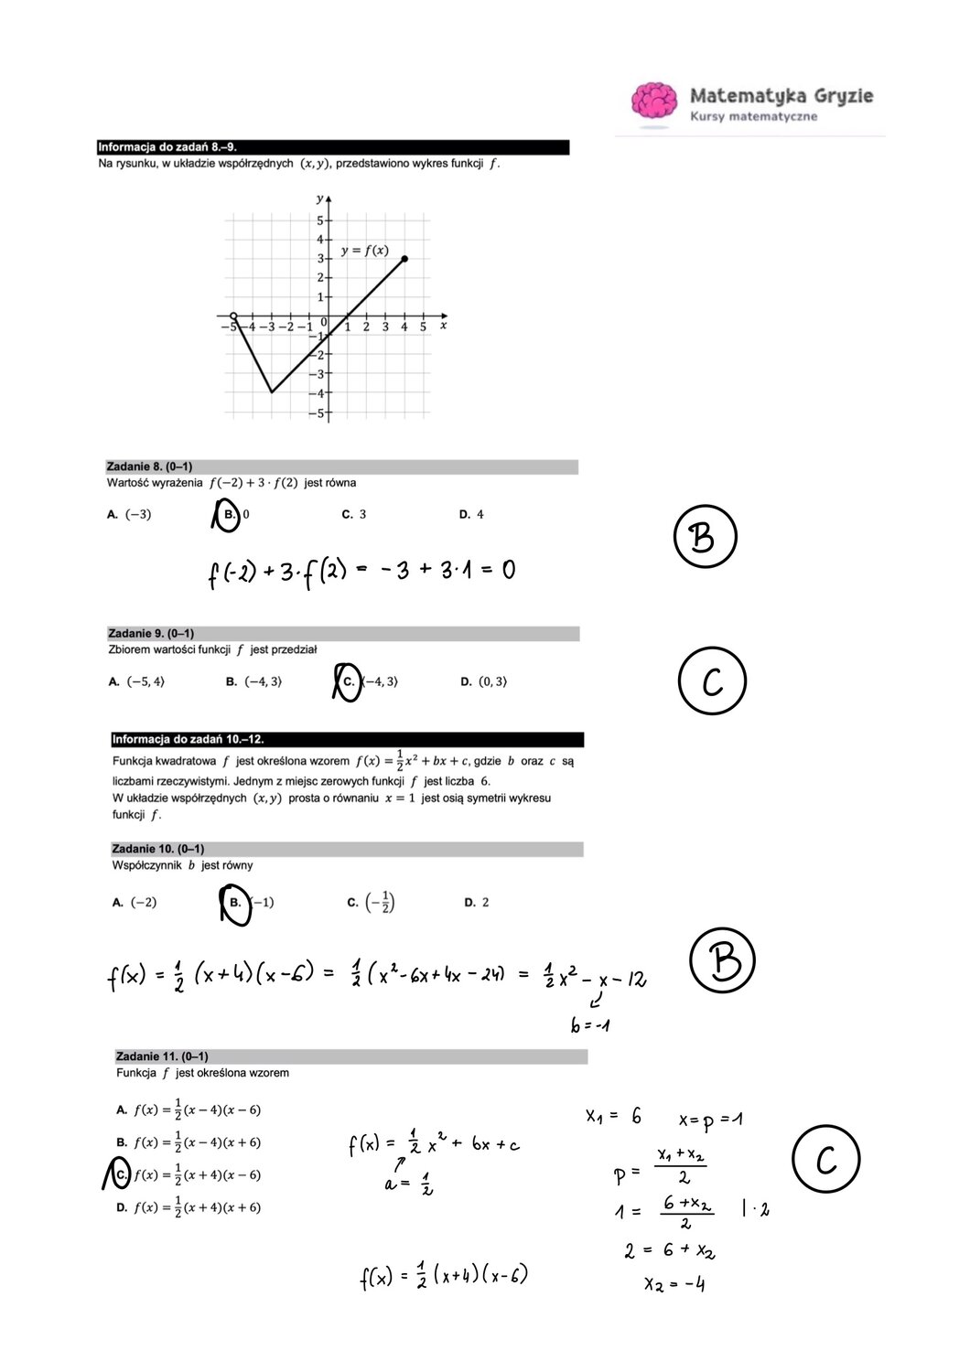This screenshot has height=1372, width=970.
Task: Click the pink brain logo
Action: tap(654, 100)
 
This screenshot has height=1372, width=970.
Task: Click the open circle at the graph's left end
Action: tap(233, 316)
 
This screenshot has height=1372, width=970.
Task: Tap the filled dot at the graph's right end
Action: tap(404, 259)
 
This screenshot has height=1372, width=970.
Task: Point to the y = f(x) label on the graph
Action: tap(364, 250)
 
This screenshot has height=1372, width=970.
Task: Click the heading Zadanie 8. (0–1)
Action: tap(149, 466)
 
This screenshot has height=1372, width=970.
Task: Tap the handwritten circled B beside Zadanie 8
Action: tap(705, 537)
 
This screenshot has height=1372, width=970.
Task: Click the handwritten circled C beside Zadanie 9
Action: tap(712, 681)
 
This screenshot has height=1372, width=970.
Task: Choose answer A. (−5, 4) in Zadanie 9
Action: tap(136, 681)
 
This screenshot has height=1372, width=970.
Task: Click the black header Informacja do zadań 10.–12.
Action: tap(188, 739)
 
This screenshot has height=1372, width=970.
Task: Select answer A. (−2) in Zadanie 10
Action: tap(135, 903)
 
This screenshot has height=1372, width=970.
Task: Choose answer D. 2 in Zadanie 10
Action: tap(476, 903)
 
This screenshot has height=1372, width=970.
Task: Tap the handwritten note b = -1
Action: tap(590, 1025)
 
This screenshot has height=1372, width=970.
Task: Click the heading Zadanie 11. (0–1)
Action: tap(162, 1056)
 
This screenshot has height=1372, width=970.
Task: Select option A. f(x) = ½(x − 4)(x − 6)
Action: tap(189, 1110)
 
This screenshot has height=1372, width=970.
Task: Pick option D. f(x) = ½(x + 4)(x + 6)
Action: tap(189, 1207)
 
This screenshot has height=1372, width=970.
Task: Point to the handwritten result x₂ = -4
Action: tap(674, 1284)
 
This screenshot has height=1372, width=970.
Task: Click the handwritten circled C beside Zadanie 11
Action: tap(825, 1160)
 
